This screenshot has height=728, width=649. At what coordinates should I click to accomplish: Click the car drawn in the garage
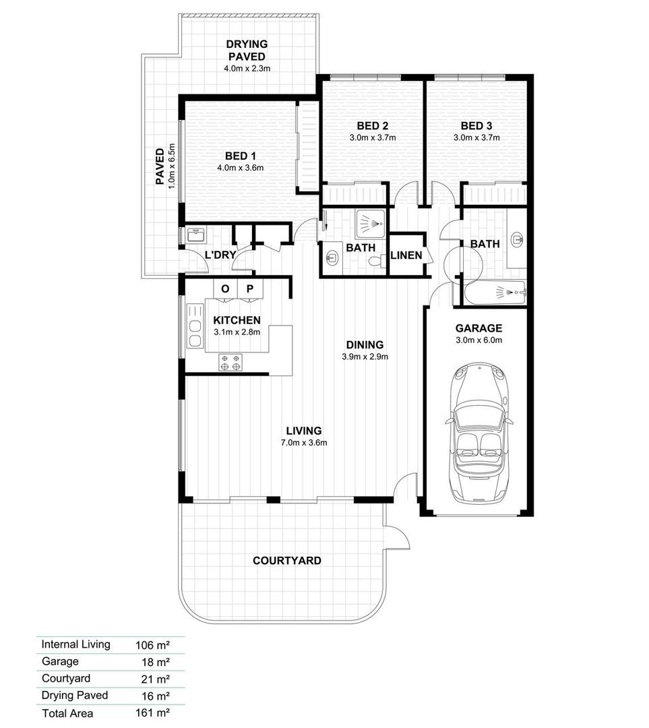tap(478, 432)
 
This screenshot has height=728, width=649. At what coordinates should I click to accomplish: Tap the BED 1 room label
tap(241, 156)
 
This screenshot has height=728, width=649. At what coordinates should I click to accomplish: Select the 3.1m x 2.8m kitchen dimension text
tap(237, 332)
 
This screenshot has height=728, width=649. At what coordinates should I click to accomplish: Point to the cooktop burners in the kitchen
tap(230, 363)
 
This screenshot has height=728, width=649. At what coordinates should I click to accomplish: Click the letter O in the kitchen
tap(225, 289)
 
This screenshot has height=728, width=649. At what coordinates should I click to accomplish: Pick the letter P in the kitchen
tap(250, 289)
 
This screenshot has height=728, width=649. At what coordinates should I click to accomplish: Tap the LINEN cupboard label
tap(406, 255)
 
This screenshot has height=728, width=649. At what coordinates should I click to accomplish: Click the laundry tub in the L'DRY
tap(196, 235)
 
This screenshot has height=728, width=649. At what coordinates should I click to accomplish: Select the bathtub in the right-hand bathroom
tap(495, 293)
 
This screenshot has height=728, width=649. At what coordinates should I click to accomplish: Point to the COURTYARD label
tap(287, 560)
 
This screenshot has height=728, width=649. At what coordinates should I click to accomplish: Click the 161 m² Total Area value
tap(152, 712)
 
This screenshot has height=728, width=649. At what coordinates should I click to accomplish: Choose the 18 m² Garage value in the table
tap(156, 662)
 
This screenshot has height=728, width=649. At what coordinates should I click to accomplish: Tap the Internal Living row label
tap(75, 644)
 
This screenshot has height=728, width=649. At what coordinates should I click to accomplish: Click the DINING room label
tap(365, 344)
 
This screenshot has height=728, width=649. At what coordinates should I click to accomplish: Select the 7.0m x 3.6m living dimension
tap(304, 442)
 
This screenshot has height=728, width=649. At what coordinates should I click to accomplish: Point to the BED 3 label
tap(476, 126)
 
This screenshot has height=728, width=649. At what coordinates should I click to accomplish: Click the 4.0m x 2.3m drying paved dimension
tap(247, 68)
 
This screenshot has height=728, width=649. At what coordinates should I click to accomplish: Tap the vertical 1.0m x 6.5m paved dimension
tap(172, 166)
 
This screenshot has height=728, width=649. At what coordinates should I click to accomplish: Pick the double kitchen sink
tap(195, 326)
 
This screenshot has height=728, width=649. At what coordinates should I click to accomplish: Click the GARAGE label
tap(478, 328)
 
